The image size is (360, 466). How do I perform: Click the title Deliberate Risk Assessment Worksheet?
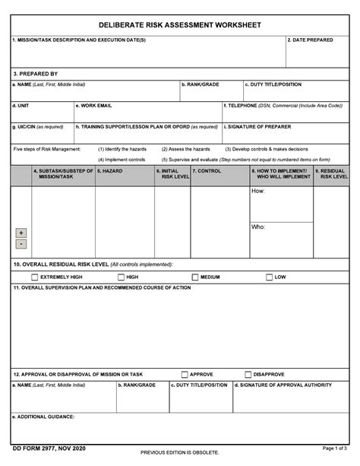(180, 25)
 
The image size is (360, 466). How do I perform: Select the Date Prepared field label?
(311, 40)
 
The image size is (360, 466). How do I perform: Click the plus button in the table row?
(21, 233)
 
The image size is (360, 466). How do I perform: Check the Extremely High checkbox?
(34, 277)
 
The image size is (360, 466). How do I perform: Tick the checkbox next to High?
(120, 277)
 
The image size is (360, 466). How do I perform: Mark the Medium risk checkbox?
(194, 277)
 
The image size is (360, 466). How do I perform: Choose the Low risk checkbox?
(268, 277)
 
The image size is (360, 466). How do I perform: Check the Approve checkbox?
(185, 374)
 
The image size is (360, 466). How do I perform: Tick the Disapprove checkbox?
(248, 374)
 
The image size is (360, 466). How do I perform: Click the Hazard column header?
(110, 172)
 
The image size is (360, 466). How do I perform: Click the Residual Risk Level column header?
(332, 175)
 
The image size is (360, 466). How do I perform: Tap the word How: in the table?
(258, 192)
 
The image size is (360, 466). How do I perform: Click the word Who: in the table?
(258, 227)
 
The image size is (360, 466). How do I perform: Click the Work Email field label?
(94, 106)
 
